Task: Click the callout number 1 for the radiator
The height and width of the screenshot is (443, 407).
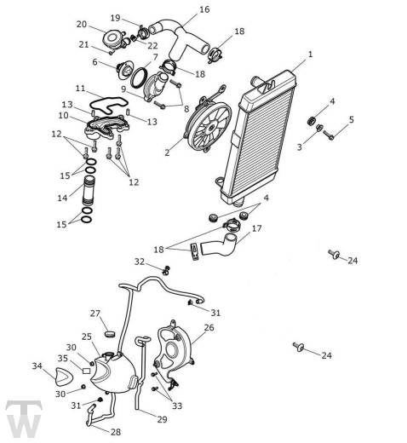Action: pyautogui.click(x=310, y=54)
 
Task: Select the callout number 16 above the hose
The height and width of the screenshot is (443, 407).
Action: pyautogui.click(x=204, y=9)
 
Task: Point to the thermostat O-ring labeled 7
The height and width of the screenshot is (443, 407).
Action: pyautogui.click(x=139, y=77)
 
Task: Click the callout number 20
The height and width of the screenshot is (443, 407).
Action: pyautogui.click(x=82, y=25)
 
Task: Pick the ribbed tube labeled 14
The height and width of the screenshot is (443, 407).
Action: pyautogui.click(x=89, y=190)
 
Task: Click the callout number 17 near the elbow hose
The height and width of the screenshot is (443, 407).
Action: pyautogui.click(x=256, y=228)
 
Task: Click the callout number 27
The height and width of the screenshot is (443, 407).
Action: pyautogui.click(x=95, y=314)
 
